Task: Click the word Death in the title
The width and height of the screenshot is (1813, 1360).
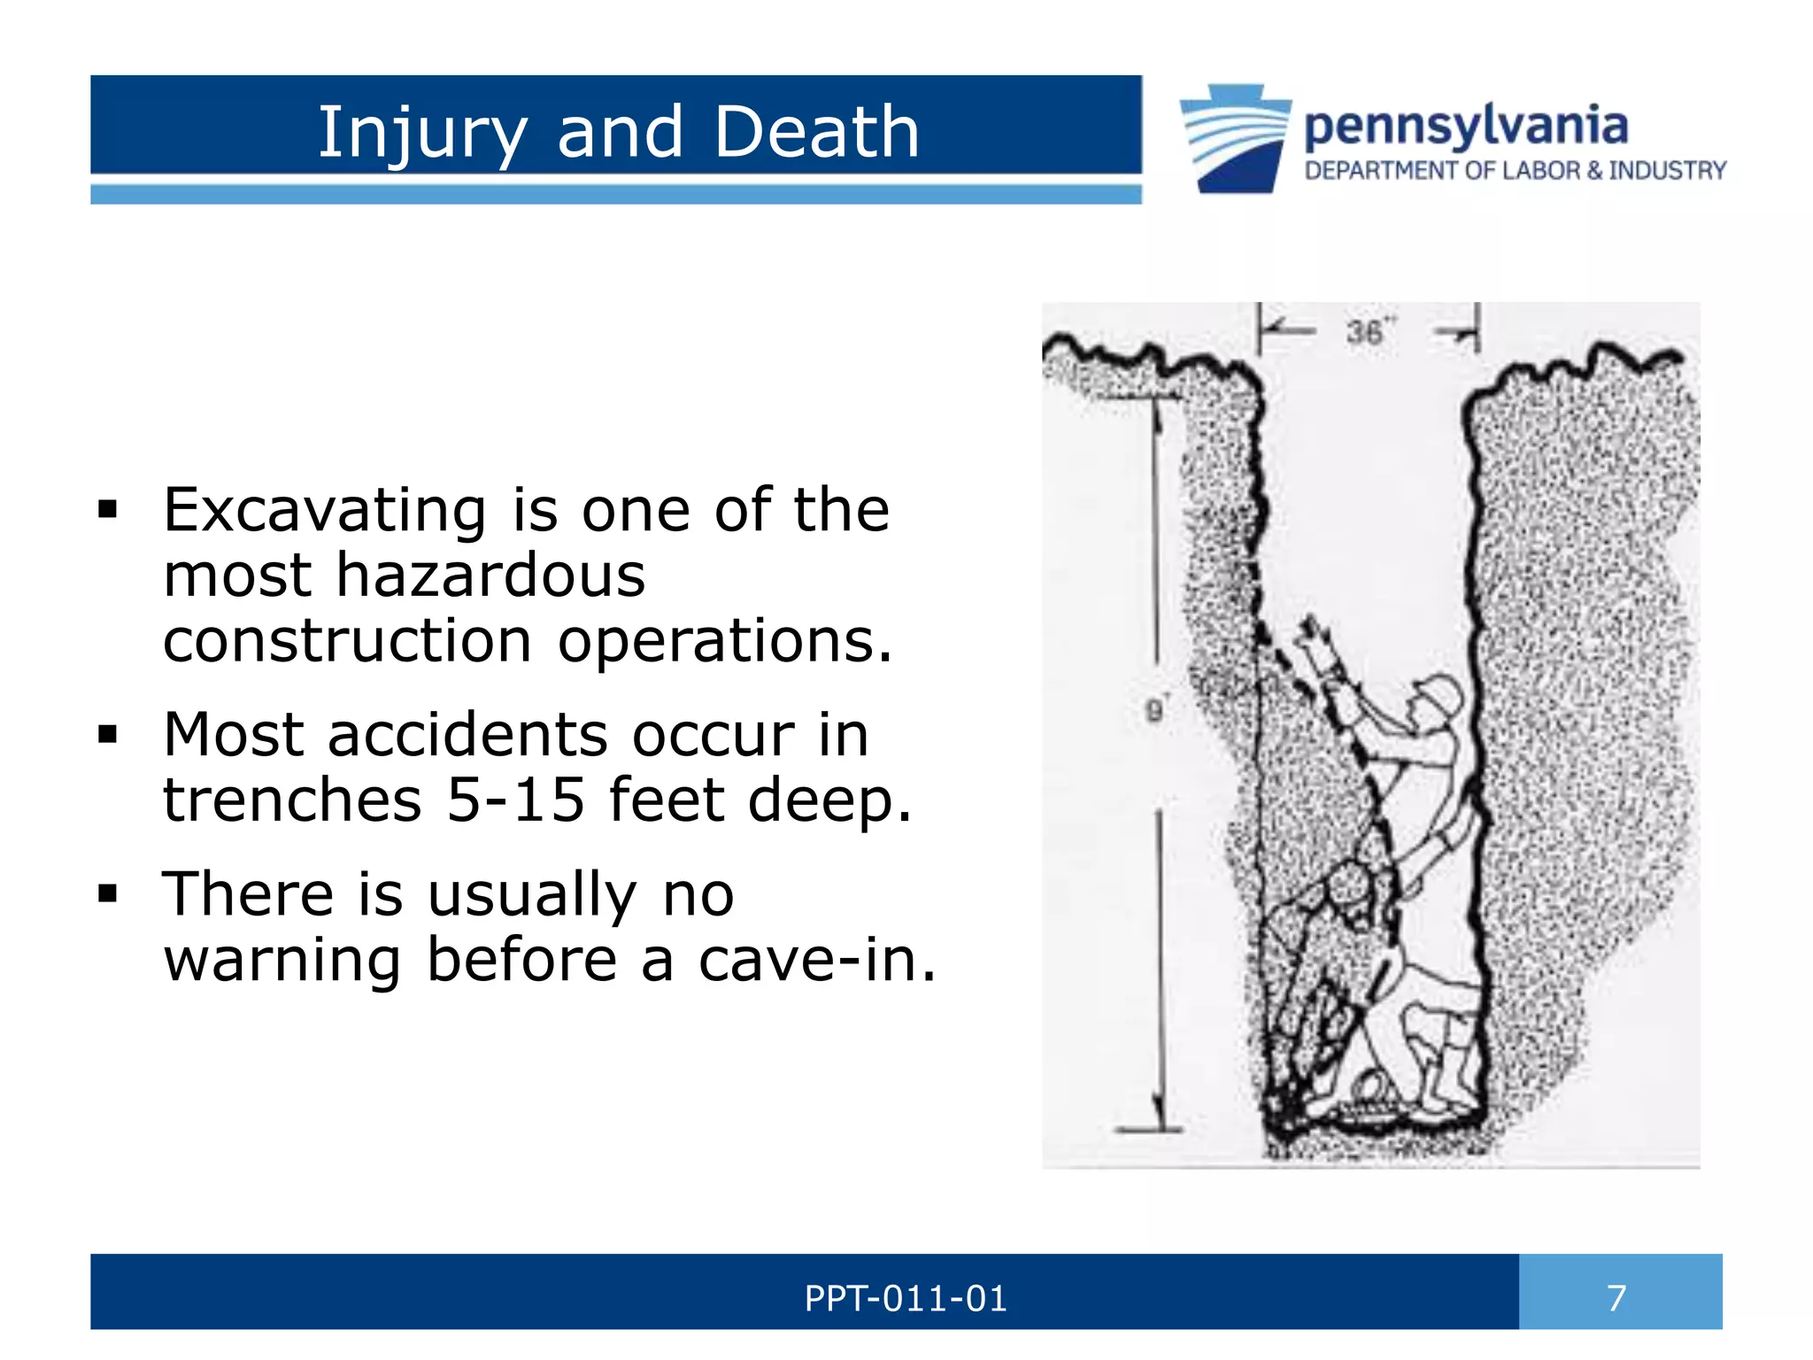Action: click(816, 132)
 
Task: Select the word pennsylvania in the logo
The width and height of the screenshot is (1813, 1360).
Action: click(1465, 127)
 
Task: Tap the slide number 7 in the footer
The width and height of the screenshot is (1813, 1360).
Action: click(1616, 1298)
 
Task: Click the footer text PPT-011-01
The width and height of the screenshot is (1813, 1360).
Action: click(905, 1299)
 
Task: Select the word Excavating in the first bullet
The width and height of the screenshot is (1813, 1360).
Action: click(325, 512)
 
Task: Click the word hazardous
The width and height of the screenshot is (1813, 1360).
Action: click(490, 576)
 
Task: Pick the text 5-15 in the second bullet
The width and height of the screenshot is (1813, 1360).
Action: click(515, 800)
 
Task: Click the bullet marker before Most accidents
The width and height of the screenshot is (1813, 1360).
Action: click(108, 735)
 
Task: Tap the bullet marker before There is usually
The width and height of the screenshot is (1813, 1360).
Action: click(108, 894)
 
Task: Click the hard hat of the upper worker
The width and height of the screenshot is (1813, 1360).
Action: click(1438, 694)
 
